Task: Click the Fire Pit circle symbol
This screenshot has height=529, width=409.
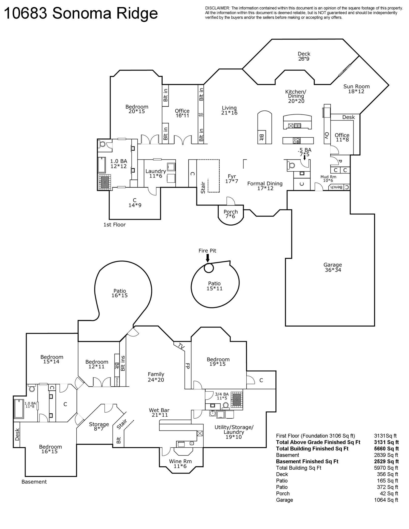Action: [208, 268]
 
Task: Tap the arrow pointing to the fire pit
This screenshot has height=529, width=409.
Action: [207, 258]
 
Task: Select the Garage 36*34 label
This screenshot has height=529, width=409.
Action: [333, 267]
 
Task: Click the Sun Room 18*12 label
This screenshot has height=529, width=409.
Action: [356, 89]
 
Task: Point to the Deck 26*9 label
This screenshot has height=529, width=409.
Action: [304, 56]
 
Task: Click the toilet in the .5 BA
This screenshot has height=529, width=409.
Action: [290, 165]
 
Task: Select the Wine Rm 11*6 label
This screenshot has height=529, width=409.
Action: [180, 464]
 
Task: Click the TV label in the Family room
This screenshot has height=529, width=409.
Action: [181, 346]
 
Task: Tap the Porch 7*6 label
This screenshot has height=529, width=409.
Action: [231, 214]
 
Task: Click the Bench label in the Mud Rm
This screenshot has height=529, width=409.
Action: [336, 187]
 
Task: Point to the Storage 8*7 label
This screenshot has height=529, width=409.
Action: [99, 426]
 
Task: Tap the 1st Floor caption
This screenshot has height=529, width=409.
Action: [114, 225]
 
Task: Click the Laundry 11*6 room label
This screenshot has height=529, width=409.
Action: [156, 173]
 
